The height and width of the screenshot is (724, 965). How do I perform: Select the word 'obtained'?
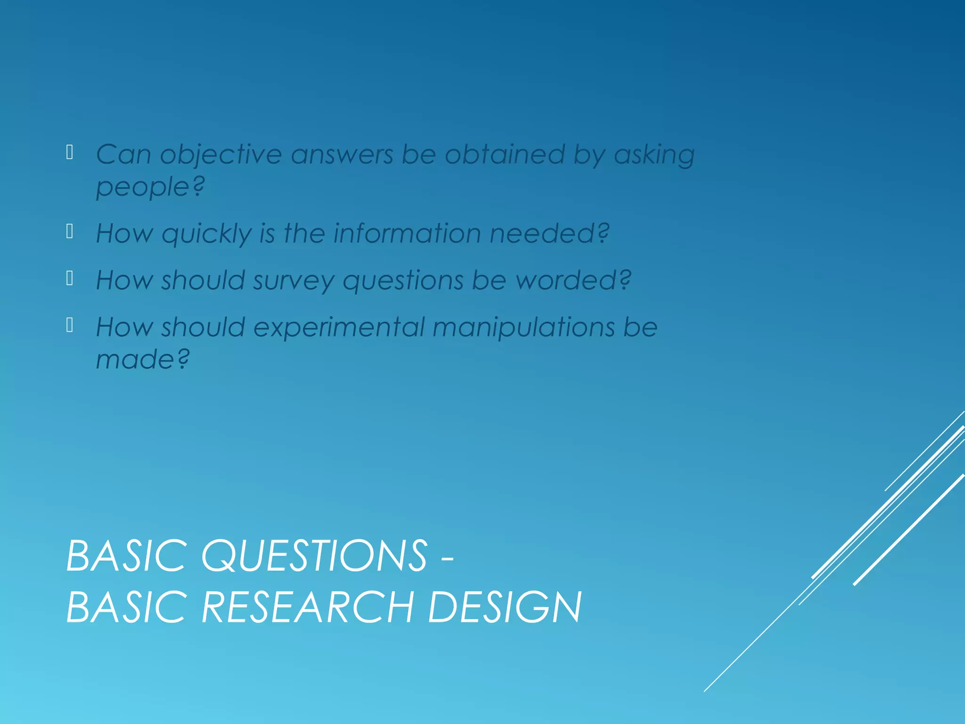(x=505, y=154)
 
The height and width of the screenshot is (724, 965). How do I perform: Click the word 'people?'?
(x=150, y=187)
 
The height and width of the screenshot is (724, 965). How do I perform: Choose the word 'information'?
(x=407, y=233)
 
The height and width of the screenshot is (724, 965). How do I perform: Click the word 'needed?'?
(x=549, y=233)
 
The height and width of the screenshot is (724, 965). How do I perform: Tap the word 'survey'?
(x=293, y=281)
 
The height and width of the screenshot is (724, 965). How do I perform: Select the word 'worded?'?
(x=573, y=280)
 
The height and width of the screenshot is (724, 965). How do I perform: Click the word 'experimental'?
(x=339, y=328)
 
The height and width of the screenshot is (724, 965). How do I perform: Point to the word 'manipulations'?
(x=523, y=328)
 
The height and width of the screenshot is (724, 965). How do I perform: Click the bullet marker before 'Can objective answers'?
(x=70, y=152)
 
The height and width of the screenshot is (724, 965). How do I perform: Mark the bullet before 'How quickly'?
(x=70, y=231)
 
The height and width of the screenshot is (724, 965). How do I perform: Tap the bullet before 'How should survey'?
(x=70, y=279)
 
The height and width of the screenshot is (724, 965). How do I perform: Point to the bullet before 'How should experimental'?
(x=70, y=325)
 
